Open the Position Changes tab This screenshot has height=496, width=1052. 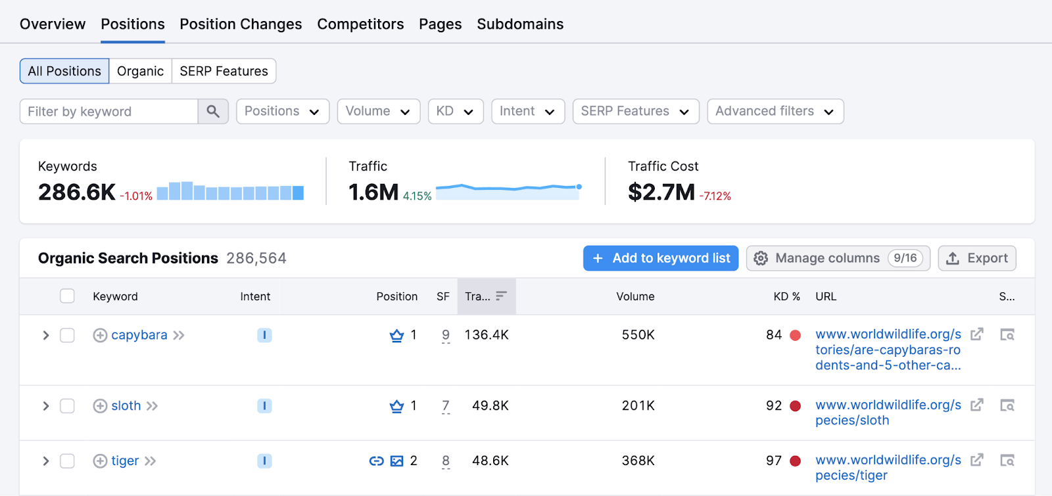(x=241, y=24)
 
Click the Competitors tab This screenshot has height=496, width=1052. (x=360, y=24)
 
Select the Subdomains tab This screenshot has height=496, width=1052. (x=520, y=24)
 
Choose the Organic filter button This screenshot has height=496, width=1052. (x=140, y=71)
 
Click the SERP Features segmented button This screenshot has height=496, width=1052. (x=224, y=71)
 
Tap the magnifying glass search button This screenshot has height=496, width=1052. (x=213, y=112)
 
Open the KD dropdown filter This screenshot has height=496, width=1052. (x=455, y=112)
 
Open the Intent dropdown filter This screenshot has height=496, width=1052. (x=527, y=112)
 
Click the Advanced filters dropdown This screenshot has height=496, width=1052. (x=775, y=112)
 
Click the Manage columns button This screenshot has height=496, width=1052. (x=838, y=258)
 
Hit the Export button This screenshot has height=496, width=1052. (x=977, y=258)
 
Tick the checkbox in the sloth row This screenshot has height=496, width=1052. (x=67, y=406)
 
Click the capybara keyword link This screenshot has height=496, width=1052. (x=139, y=335)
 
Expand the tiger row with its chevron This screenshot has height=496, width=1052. (x=45, y=461)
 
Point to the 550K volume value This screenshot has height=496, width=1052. (x=638, y=335)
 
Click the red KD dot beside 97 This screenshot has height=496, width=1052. (x=795, y=461)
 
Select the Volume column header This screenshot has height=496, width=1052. (x=635, y=296)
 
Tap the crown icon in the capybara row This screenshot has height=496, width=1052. (x=396, y=336)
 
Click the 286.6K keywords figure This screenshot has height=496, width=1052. (x=77, y=192)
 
